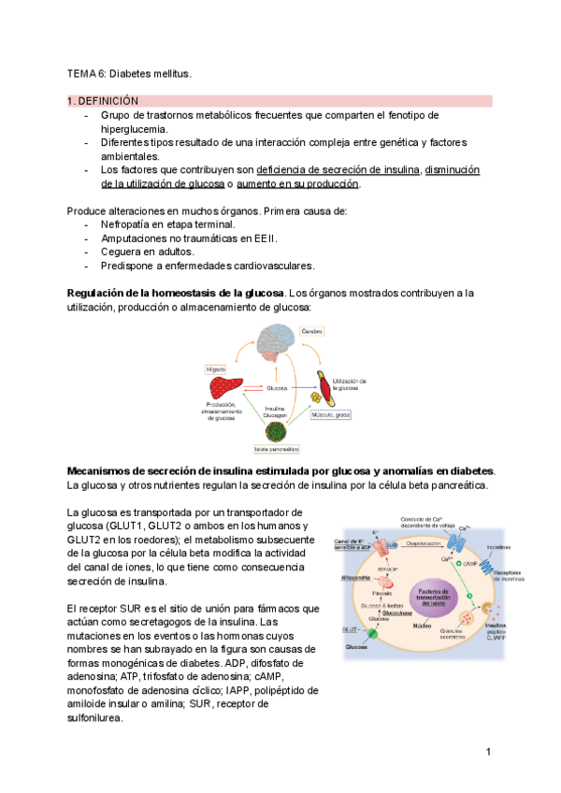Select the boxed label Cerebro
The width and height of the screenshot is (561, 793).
(312, 332)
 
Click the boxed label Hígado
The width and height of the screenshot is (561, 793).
(215, 369)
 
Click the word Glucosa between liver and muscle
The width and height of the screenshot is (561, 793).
(277, 388)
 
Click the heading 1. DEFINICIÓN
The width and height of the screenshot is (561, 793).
(103, 100)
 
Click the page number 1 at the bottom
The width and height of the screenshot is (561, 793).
(488, 753)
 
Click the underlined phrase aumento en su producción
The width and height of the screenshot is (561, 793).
(308, 183)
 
